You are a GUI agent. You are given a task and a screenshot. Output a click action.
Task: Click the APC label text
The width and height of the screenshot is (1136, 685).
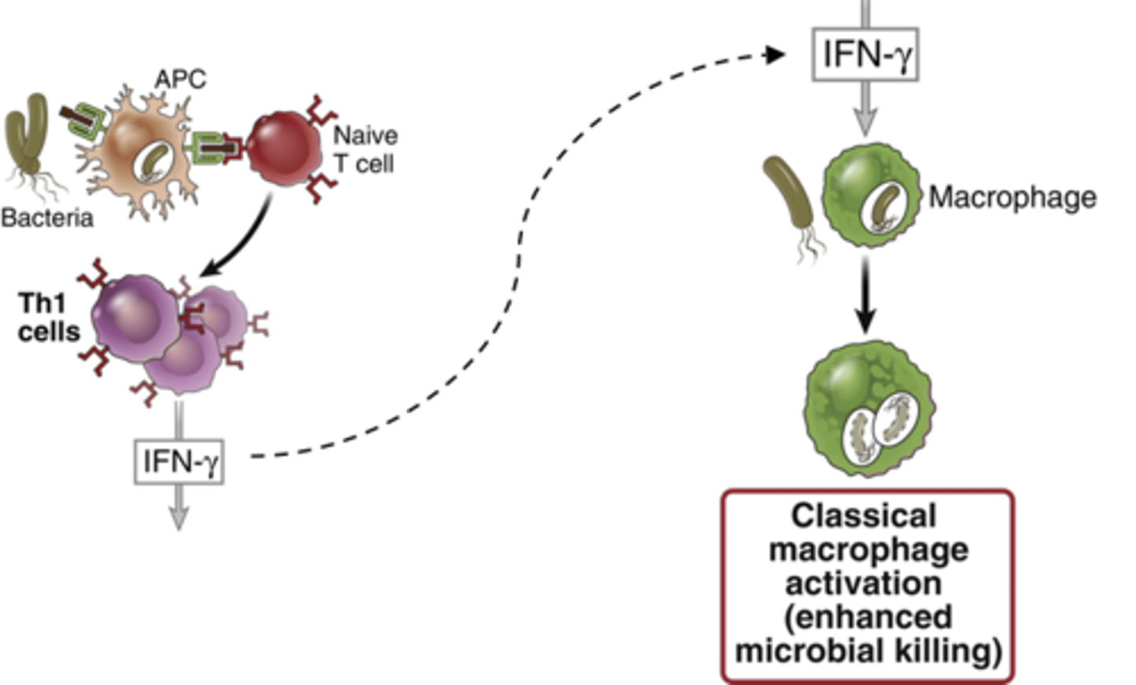[x=180, y=79]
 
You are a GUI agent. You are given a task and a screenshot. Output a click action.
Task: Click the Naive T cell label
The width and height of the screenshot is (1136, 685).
[x=364, y=149]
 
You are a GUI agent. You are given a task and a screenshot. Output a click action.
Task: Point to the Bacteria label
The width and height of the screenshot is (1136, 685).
[x=47, y=218]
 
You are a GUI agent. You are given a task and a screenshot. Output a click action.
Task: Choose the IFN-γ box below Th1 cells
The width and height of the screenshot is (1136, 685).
[x=179, y=461]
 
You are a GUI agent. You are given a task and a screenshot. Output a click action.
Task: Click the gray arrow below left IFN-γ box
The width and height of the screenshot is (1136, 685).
[x=179, y=508]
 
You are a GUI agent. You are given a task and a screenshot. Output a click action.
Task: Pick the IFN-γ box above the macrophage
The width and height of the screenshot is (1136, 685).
[x=865, y=54]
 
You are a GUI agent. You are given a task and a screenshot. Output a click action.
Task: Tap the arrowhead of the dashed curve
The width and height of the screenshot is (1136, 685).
[x=776, y=54]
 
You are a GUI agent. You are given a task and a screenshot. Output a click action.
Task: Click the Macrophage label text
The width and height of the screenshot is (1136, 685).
[x=1012, y=197]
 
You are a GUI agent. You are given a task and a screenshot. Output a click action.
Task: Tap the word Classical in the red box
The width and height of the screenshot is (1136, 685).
[x=863, y=516]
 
